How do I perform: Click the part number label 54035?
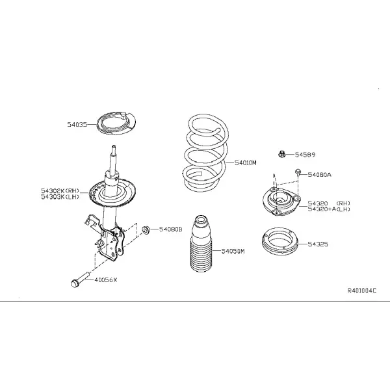coord(77,124)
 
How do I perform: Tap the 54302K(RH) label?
coord(60,190)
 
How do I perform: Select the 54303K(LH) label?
coord(60,197)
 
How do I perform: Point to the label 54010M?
coord(246,162)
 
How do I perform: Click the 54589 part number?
coord(305,155)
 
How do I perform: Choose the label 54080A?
coord(320,175)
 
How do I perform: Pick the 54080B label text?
coord(170,229)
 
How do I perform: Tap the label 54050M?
coord(233,251)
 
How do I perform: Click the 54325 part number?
coord(318,244)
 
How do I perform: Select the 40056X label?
coord(106,280)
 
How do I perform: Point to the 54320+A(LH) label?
coord(329,209)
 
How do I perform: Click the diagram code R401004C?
coord(362,291)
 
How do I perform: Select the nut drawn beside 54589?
coord(281,154)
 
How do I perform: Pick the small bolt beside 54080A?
coord(298,172)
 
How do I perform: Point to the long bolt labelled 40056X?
coord(79,280)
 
